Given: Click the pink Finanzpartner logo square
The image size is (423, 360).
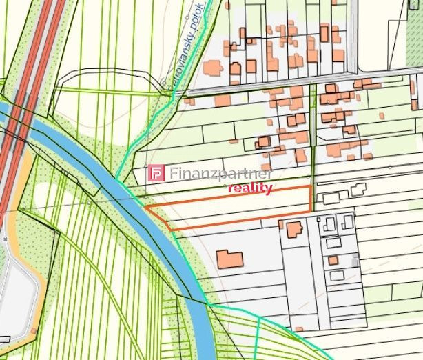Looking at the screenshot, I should (158, 173).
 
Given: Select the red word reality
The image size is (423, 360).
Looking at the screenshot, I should (250, 188).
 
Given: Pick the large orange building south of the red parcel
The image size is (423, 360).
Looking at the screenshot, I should (229, 259).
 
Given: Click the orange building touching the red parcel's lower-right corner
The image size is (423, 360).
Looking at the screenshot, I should (294, 229).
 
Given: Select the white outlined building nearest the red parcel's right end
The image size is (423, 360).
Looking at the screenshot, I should (331, 198).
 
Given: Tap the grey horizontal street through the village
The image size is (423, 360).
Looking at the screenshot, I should (276, 88).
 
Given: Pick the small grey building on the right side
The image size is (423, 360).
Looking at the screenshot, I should (355, 261).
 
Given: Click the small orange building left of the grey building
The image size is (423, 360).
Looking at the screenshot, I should (333, 261).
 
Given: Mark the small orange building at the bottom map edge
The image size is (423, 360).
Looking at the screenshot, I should (298, 330).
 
